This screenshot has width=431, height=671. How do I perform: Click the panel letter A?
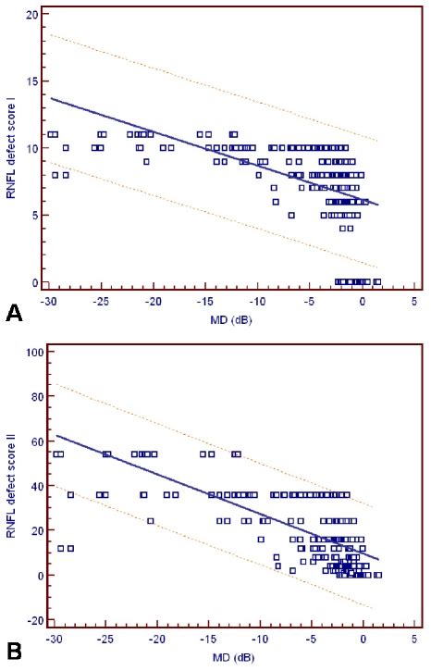click(x=14, y=315)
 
